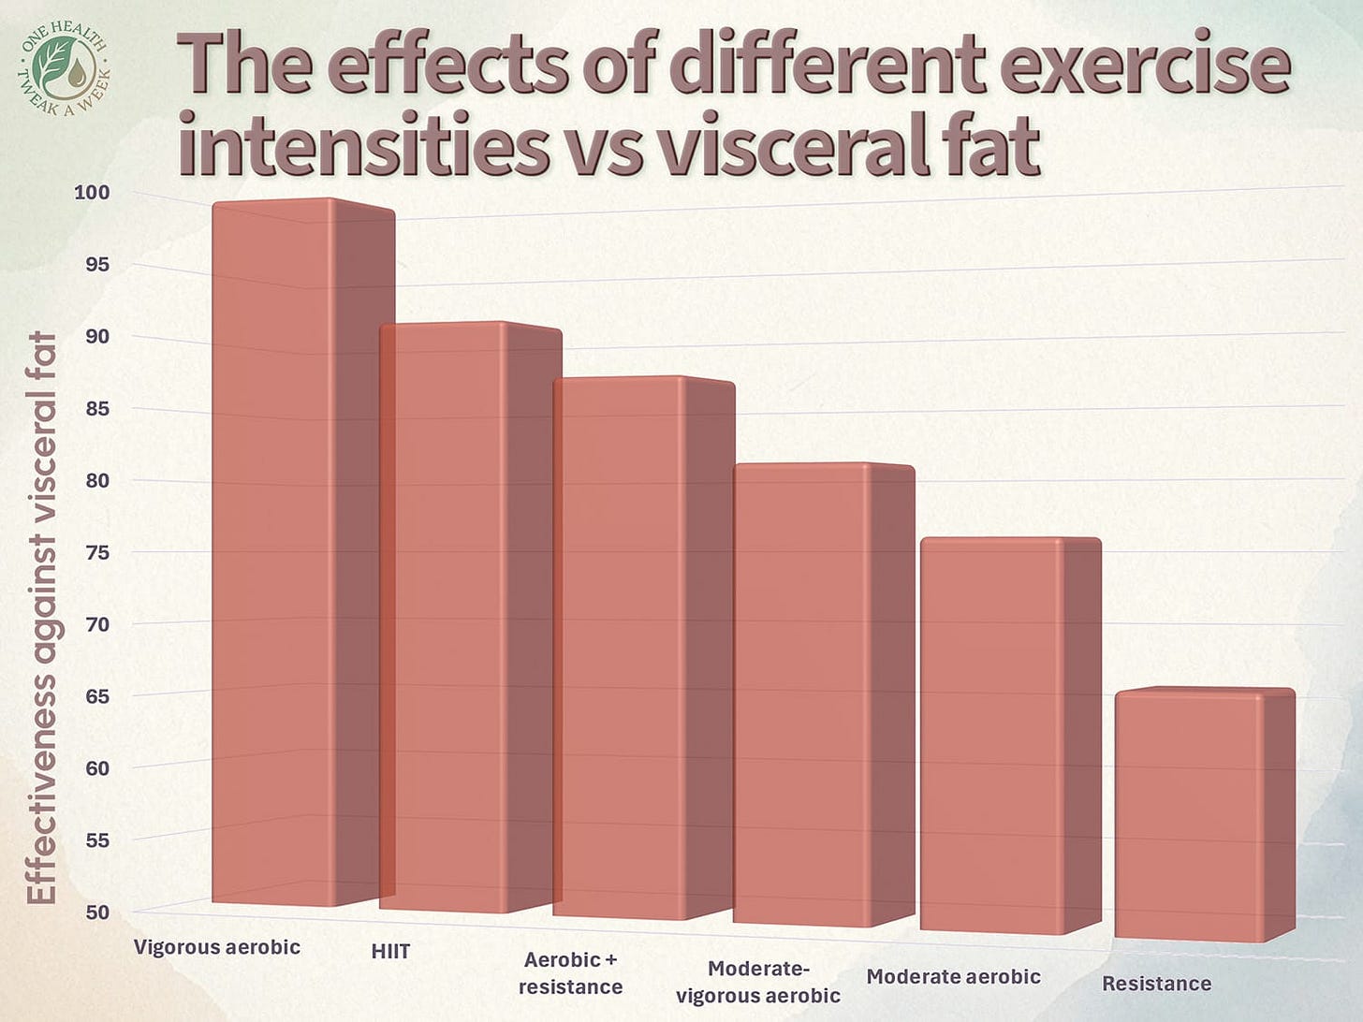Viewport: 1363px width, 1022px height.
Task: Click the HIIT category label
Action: click(390, 952)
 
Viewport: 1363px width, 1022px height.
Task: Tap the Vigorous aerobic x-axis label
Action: click(217, 947)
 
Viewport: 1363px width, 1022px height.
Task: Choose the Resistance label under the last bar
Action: click(1156, 984)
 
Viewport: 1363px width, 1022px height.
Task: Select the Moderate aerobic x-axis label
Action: click(953, 977)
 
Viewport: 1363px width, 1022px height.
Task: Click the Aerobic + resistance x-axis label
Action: click(570, 973)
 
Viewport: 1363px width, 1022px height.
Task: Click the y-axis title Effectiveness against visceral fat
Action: click(42, 618)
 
